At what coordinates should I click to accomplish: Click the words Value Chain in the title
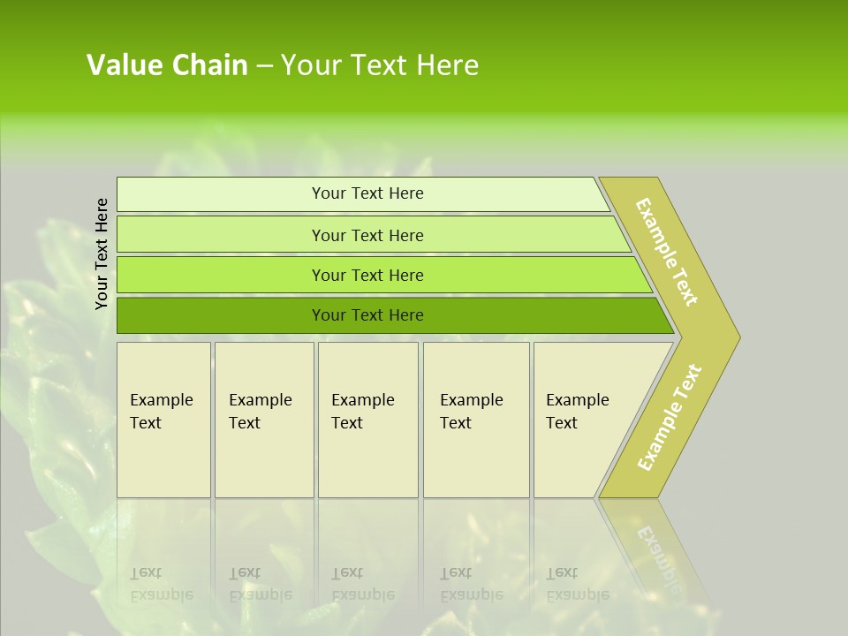pos(167,64)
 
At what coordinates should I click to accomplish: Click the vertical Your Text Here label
pos(102,254)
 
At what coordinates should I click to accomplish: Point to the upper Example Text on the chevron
pos(667,252)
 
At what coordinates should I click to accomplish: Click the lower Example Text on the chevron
pos(670,417)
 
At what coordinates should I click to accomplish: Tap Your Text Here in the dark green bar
pos(367,315)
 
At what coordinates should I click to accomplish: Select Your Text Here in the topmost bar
pos(367,193)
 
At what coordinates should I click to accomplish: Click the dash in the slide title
pos(264,65)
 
